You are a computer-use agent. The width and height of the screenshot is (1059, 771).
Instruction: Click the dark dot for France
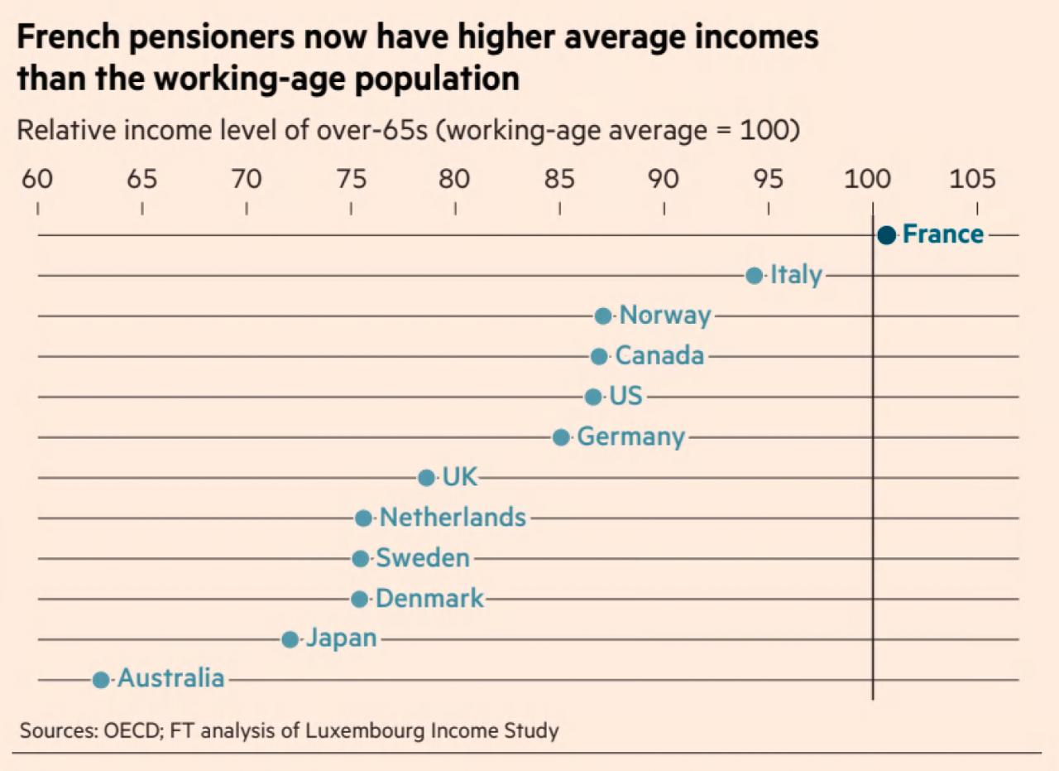coord(886,235)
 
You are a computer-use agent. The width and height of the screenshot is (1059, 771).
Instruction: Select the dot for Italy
coord(754,276)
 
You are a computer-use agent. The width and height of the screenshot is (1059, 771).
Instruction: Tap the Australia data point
coord(100,680)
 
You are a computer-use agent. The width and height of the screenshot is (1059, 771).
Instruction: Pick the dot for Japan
coord(290,639)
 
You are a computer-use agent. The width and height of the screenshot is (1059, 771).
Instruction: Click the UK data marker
coord(426,478)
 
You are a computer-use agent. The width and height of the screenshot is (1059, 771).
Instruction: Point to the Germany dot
coord(561,437)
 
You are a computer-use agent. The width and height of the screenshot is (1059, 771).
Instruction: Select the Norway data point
coord(603,316)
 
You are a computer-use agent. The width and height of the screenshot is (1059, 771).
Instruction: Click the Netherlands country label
coord(453,518)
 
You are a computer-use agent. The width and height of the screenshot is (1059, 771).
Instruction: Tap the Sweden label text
coord(423,558)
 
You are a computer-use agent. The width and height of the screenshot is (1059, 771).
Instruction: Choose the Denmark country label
coord(429,599)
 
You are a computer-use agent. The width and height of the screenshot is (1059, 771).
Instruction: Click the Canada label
coord(660,356)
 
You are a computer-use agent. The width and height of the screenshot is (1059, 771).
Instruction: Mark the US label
coord(625,397)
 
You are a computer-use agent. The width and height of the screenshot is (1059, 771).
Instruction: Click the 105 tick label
coord(972,179)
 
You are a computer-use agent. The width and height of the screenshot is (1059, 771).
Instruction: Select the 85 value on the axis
coord(559,179)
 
